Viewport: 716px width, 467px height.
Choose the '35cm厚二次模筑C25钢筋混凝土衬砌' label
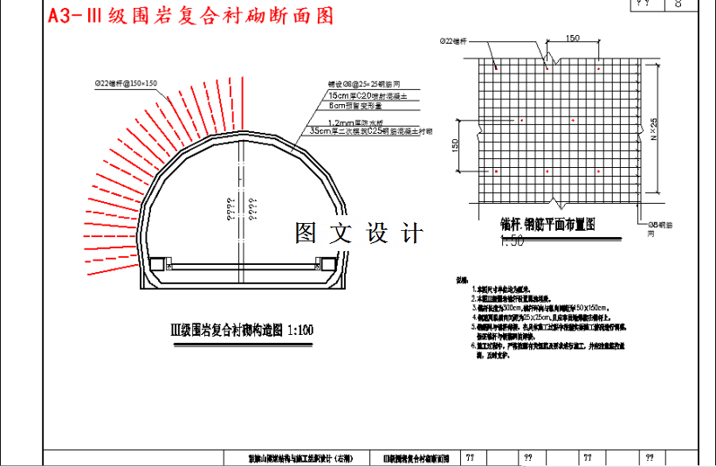(x=377, y=131)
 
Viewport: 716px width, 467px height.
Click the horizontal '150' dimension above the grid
(x=573, y=38)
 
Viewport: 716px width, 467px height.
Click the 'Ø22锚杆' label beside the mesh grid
(x=453, y=41)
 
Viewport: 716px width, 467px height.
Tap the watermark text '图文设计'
(x=359, y=233)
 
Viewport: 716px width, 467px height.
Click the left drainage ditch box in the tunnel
(x=157, y=264)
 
